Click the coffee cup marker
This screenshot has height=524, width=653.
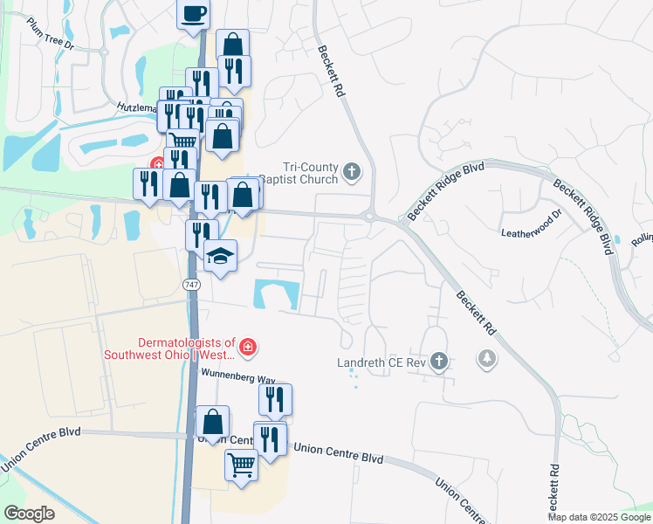194,14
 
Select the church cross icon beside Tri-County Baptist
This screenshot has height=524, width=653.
352,171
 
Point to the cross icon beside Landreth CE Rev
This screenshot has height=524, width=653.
439,361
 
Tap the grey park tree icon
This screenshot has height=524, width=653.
486,358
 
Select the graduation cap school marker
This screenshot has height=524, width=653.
220,256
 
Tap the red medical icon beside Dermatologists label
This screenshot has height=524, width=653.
249,348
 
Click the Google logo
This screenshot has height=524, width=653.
29,513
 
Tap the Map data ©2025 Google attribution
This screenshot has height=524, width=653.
598,517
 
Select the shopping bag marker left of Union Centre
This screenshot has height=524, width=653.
213,423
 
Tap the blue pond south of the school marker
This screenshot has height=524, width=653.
276,294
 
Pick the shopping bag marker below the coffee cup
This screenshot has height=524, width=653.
233,45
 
